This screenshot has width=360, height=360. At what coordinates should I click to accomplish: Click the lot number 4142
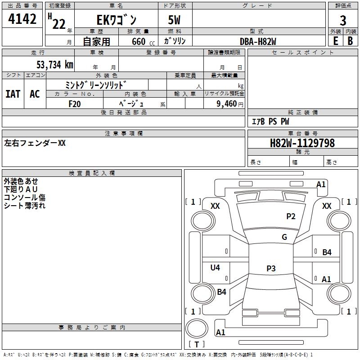tap(22, 19)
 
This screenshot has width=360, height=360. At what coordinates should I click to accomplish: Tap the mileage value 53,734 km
tap(55, 65)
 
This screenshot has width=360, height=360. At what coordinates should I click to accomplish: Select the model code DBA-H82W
tap(258, 41)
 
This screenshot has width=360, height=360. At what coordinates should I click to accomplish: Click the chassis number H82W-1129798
tap(302, 143)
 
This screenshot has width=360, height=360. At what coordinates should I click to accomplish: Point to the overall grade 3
tap(343, 21)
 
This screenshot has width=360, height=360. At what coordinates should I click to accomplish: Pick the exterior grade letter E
tap(335, 41)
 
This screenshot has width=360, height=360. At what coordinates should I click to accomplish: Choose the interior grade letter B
tap(350, 41)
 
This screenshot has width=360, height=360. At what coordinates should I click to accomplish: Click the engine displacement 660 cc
tap(143, 42)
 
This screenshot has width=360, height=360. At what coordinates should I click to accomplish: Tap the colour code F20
tap(75, 104)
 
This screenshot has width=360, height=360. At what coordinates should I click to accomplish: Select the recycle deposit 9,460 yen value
tap(230, 104)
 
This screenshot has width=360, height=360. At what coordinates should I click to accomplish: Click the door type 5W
tap(174, 20)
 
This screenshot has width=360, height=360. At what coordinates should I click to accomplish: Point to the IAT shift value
tap(13, 94)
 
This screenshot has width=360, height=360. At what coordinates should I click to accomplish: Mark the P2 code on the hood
tap(291, 216)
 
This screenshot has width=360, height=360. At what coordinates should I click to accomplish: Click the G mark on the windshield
tap(284, 237)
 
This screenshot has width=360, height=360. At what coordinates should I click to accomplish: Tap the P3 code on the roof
tap(271, 268)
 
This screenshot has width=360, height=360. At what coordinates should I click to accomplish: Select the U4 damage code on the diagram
tap(215, 267)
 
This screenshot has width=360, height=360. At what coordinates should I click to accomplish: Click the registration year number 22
tap(59, 24)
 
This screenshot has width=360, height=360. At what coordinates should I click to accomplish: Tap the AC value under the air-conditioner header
tap(35, 94)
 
